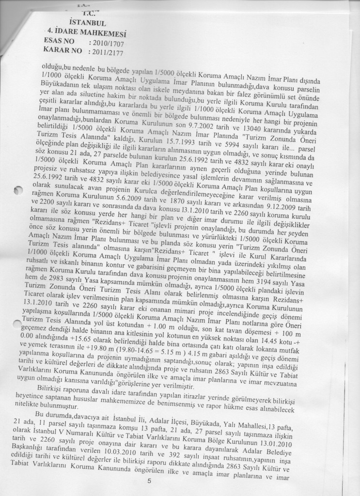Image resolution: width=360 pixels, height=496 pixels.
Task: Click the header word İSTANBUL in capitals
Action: [x=88, y=22]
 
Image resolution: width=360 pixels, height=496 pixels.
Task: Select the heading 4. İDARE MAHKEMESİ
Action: [x=88, y=34]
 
